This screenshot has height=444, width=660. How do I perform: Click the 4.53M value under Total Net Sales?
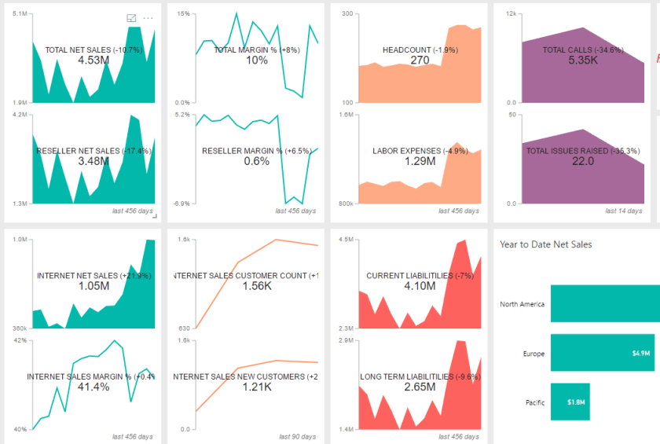(x=93, y=61)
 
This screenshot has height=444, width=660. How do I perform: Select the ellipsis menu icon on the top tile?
(x=148, y=18)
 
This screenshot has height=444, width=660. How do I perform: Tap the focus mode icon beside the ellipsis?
(x=132, y=18)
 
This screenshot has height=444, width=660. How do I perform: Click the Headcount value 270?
(x=420, y=61)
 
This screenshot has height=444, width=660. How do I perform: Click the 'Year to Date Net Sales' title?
(x=545, y=244)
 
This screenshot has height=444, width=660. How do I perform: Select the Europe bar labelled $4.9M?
(x=603, y=354)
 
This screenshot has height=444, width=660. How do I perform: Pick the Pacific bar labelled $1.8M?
(x=570, y=402)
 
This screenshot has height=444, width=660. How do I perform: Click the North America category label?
(x=522, y=304)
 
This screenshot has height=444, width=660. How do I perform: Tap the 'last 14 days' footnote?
(x=623, y=211)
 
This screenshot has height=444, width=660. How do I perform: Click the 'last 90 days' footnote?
(x=295, y=436)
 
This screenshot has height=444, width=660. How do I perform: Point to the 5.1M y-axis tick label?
(x=20, y=14)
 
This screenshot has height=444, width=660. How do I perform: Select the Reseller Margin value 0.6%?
(x=257, y=161)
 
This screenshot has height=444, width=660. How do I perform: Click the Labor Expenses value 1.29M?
(x=420, y=161)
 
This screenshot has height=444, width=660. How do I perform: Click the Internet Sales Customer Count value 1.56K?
(x=257, y=287)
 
